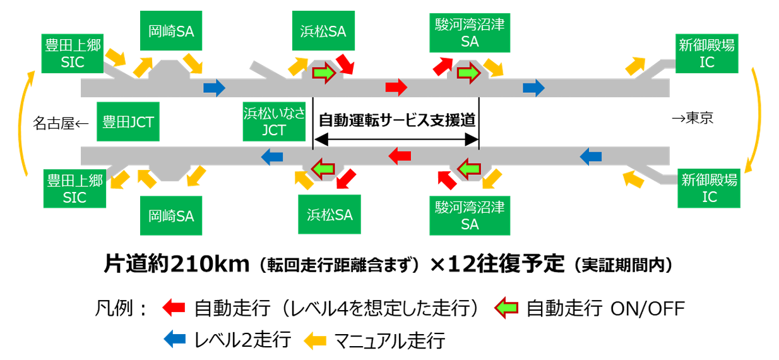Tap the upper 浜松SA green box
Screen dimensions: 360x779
(x=323, y=30)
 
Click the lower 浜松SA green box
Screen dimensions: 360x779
(x=325, y=213)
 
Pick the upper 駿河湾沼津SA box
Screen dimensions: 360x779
(x=470, y=33)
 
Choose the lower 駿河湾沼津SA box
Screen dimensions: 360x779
(x=470, y=215)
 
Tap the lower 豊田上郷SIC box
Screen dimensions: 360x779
(x=74, y=189)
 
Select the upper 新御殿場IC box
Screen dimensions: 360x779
(x=707, y=53)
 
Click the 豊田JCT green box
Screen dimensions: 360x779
(x=128, y=122)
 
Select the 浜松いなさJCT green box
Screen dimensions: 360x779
(x=273, y=122)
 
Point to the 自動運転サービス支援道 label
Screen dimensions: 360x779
(x=396, y=120)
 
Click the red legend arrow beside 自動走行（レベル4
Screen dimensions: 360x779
(x=174, y=308)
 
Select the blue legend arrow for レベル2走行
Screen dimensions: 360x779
(x=174, y=340)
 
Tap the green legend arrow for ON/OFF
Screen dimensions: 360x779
(x=506, y=308)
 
